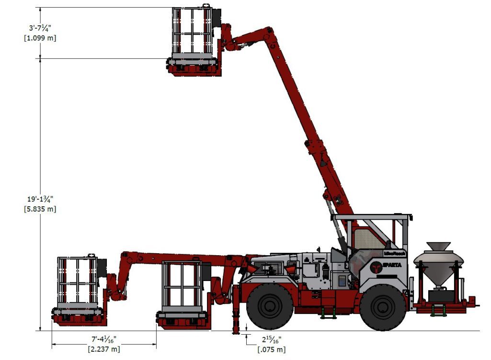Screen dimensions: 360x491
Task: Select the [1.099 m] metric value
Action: (x=40, y=38)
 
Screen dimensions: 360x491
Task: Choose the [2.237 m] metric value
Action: (x=104, y=349)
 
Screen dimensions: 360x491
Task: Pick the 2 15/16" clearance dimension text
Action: (x=271, y=340)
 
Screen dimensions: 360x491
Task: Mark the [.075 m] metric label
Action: (x=271, y=349)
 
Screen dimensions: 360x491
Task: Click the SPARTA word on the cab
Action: (x=392, y=265)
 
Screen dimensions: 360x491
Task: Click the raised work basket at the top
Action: (x=194, y=41)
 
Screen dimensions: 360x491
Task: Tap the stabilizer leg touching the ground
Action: (x=236, y=321)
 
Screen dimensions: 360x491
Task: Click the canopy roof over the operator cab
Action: (x=372, y=217)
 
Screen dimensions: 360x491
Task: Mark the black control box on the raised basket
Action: (x=216, y=18)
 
